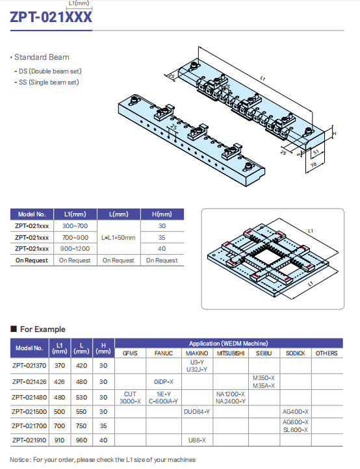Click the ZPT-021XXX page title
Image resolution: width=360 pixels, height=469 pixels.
51,18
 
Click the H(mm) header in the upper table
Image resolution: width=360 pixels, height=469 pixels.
162,214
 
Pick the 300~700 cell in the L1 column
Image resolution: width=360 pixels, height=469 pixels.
75,226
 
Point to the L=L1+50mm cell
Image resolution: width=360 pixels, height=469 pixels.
118,238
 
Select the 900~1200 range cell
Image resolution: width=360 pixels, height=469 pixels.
75,249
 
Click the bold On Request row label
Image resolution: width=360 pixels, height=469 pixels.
32,260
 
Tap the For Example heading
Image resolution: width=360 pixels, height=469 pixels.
42,329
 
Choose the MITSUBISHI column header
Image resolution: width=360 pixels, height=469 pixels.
231,353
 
